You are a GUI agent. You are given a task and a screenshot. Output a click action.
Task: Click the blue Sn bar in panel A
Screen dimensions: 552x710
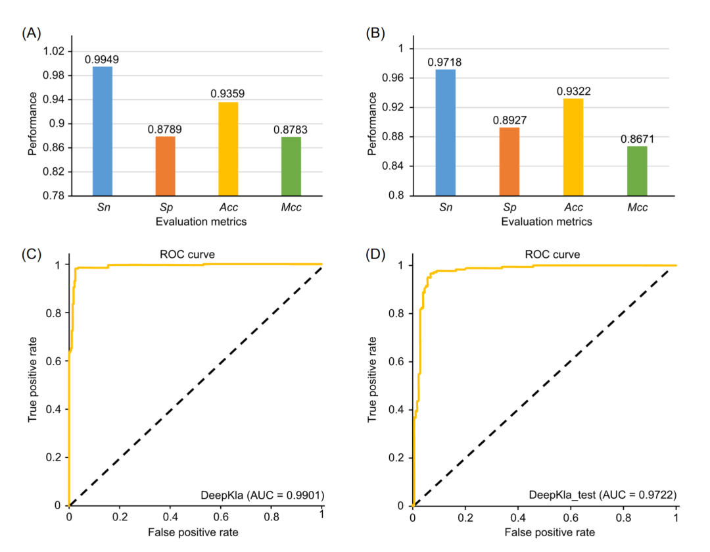103,131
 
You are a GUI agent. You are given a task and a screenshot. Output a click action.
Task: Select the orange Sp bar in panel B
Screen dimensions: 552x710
509,161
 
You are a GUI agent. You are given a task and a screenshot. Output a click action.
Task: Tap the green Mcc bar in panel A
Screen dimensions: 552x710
291,166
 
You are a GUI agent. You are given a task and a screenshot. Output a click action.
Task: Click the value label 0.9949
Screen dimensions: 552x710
103,60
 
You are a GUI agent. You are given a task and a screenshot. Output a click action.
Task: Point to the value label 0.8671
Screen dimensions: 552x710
637,139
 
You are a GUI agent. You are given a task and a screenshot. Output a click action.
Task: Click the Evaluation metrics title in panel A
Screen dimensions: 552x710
201,222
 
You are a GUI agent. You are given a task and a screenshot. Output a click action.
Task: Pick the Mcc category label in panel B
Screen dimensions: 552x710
637,208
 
